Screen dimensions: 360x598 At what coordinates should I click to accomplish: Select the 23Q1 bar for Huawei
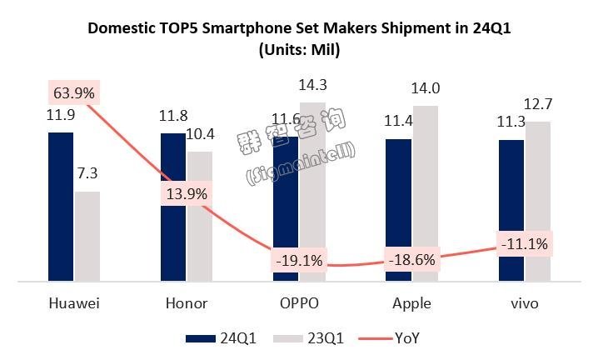point(87,237)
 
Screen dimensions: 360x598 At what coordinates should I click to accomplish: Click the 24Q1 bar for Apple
point(398,210)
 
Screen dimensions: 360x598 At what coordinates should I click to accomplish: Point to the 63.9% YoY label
point(73,91)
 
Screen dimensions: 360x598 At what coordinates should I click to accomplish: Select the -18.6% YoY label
point(411,259)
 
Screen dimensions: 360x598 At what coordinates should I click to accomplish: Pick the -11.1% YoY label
point(525,245)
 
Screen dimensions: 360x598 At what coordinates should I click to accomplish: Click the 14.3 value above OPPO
point(314,85)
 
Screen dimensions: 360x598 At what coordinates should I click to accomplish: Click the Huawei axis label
point(73,302)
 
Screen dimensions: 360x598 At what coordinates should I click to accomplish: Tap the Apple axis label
point(411,302)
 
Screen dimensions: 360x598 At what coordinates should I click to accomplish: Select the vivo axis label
point(525,302)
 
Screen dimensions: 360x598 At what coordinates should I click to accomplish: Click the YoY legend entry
point(392,339)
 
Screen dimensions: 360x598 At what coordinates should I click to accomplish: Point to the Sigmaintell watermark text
point(301,163)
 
